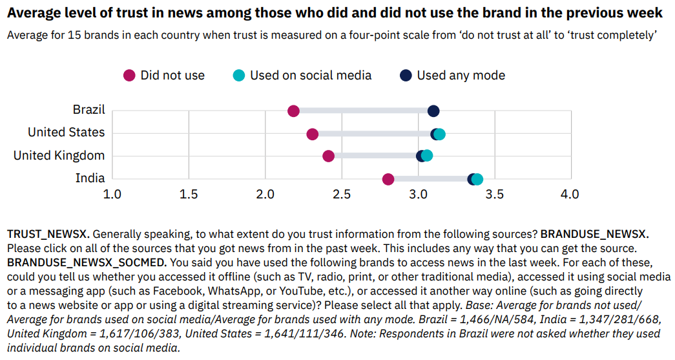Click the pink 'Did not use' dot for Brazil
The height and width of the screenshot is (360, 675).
(x=293, y=111)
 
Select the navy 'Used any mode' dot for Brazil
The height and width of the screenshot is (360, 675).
(x=433, y=111)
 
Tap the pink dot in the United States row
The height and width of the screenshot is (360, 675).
(x=313, y=134)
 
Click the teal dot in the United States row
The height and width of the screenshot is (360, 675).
(x=440, y=134)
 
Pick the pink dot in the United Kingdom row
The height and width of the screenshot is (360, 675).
(x=328, y=156)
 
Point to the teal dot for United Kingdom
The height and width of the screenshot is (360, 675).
(x=427, y=156)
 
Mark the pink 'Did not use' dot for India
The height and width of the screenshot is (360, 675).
(x=388, y=179)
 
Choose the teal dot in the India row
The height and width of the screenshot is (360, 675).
(x=477, y=179)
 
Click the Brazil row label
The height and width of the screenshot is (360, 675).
(x=89, y=110)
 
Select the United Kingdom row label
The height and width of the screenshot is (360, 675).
(x=59, y=155)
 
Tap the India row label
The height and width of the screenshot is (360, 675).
(x=90, y=178)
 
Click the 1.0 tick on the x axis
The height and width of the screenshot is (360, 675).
(x=112, y=194)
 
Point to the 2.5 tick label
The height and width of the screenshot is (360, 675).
(x=341, y=194)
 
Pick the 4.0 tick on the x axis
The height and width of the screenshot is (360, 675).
(x=570, y=194)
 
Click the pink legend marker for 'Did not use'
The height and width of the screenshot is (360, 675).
(x=130, y=76)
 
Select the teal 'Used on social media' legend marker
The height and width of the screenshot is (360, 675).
(x=239, y=76)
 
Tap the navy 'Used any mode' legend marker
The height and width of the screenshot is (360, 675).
(x=406, y=76)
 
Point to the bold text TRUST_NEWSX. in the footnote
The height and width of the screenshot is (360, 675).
(x=53, y=233)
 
